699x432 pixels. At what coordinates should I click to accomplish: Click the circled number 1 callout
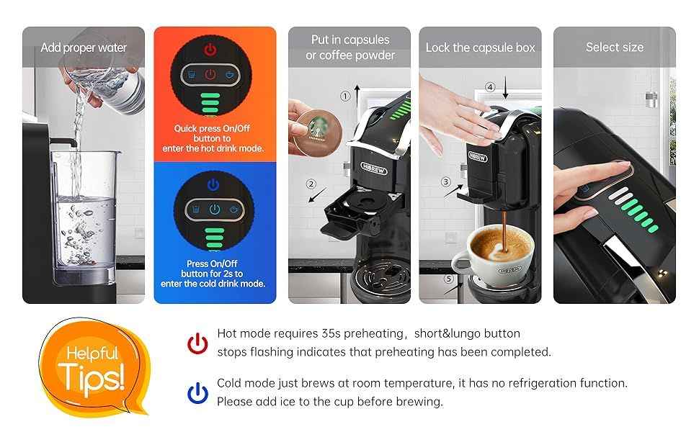pyautogui.click(x=345, y=95)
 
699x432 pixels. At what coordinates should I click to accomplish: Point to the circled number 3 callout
pyautogui.click(x=446, y=182)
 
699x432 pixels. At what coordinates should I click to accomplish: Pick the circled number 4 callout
pyautogui.click(x=490, y=87)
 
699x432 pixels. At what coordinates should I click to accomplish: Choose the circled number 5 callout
pyautogui.click(x=448, y=279)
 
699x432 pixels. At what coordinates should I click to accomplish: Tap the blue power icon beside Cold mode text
pyautogui.click(x=197, y=392)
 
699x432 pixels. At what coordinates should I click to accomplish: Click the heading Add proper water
pyautogui.click(x=84, y=48)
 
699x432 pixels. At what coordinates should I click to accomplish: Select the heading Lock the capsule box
pyautogui.click(x=480, y=48)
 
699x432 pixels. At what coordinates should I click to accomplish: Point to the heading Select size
pyautogui.click(x=614, y=47)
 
